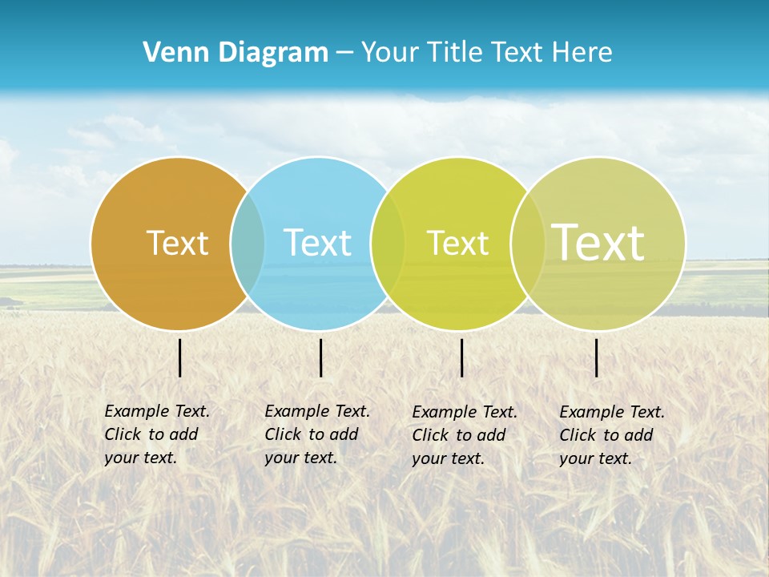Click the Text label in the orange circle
pyautogui.click(x=177, y=243)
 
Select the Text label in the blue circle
pyautogui.click(x=317, y=243)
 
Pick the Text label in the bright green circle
pyautogui.click(x=457, y=243)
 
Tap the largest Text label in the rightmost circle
pyautogui.click(x=598, y=243)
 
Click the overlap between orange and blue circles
pyautogui.click(x=248, y=243)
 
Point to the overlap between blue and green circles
pyautogui.click(x=388, y=243)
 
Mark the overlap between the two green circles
pyautogui.click(x=528, y=243)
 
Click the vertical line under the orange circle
pyautogui.click(x=180, y=357)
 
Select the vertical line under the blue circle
pyautogui.click(x=320, y=357)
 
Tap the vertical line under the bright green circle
pyautogui.click(x=462, y=357)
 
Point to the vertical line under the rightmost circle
pyautogui.click(x=597, y=357)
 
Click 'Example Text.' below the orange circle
pyautogui.click(x=157, y=411)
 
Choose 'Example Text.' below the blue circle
pyautogui.click(x=317, y=411)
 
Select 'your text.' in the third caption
pyautogui.click(x=449, y=458)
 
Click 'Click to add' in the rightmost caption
pyautogui.click(x=606, y=435)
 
